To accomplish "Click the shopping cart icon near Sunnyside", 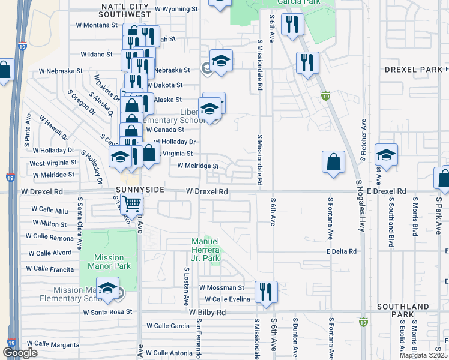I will pos(131,204).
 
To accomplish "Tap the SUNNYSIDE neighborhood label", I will pos(135,189).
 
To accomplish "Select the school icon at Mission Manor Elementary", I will pos(108,288).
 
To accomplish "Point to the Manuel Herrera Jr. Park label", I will pos(206,250).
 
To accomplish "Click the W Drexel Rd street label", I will pos(206,191).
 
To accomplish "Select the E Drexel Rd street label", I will pos(385,191).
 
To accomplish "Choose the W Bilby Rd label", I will pos(207,313).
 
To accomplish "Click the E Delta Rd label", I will pos(342,251).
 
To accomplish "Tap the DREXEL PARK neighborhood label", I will pos(414,70).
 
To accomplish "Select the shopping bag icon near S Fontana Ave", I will pos(333,163).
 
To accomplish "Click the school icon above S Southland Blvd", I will pos(386,155).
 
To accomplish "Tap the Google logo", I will pos(20,353).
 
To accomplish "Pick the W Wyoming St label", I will pos(176,9).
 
